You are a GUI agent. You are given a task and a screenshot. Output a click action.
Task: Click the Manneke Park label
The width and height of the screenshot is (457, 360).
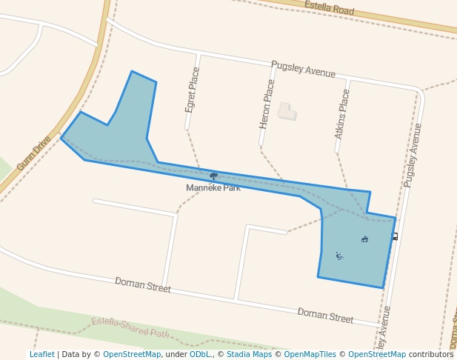point(213,188)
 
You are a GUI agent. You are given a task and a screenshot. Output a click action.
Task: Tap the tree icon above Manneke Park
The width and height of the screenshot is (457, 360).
point(213,176)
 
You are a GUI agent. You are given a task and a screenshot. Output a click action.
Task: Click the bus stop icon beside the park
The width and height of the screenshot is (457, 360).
point(395,236)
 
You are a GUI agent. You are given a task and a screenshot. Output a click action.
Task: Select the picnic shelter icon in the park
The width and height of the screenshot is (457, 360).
point(364,239)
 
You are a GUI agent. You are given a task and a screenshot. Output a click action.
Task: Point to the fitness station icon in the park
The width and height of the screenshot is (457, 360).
point(339,256)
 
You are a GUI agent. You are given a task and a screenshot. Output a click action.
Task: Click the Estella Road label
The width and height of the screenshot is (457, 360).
point(330,10)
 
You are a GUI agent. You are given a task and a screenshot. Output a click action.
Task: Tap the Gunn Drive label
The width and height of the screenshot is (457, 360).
point(34,153)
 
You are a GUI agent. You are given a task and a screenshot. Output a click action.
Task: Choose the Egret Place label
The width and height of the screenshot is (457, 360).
point(193,90)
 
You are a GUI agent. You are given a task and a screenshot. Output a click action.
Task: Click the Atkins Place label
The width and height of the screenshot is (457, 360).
point(341,114)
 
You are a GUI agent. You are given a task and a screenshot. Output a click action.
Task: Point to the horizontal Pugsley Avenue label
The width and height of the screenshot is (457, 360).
point(303,69)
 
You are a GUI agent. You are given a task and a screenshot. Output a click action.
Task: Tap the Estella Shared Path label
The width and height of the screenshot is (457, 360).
point(130,327)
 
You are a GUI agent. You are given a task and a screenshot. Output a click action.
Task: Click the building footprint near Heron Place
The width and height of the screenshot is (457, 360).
point(287,111)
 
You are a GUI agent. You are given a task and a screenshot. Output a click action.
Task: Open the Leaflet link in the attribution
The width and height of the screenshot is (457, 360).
point(41,355)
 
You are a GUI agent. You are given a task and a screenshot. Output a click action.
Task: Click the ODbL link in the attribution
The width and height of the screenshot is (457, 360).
point(200,355)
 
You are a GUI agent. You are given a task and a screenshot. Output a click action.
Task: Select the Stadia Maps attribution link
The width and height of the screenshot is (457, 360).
point(249,355)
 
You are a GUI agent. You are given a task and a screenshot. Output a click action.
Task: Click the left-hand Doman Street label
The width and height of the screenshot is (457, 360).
point(142,285)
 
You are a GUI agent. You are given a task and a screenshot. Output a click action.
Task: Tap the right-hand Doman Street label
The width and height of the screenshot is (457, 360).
point(325,315)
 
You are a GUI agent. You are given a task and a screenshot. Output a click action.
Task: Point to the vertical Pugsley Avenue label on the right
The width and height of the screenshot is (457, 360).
point(413,155)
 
